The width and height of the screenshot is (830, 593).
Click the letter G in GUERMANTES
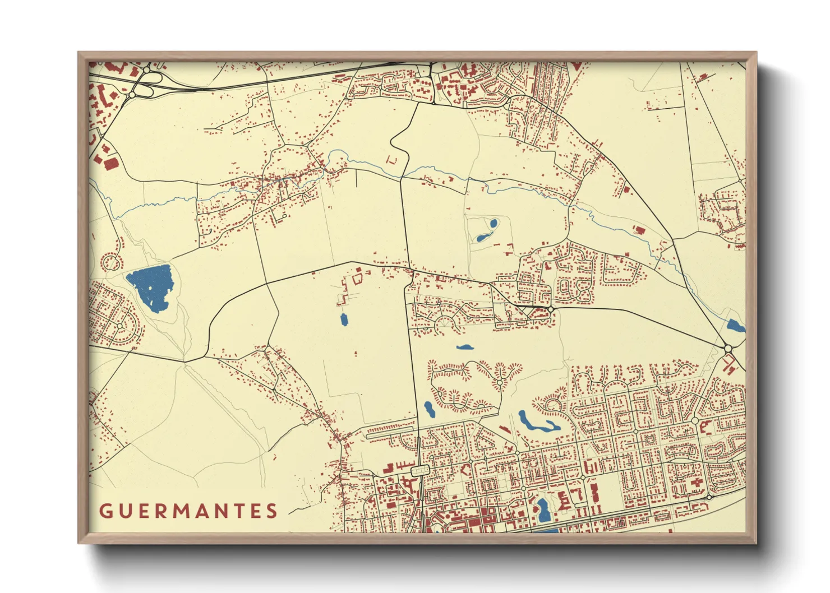105,511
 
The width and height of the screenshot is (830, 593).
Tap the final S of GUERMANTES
272,511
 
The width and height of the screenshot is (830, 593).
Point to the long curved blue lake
537,423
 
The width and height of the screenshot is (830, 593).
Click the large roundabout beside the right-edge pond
728,349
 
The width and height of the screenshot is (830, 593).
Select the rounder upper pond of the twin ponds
494,224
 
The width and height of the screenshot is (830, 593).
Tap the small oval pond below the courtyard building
344,319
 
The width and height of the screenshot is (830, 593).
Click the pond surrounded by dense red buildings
542,508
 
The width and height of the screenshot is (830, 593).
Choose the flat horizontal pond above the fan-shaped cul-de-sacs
464,348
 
